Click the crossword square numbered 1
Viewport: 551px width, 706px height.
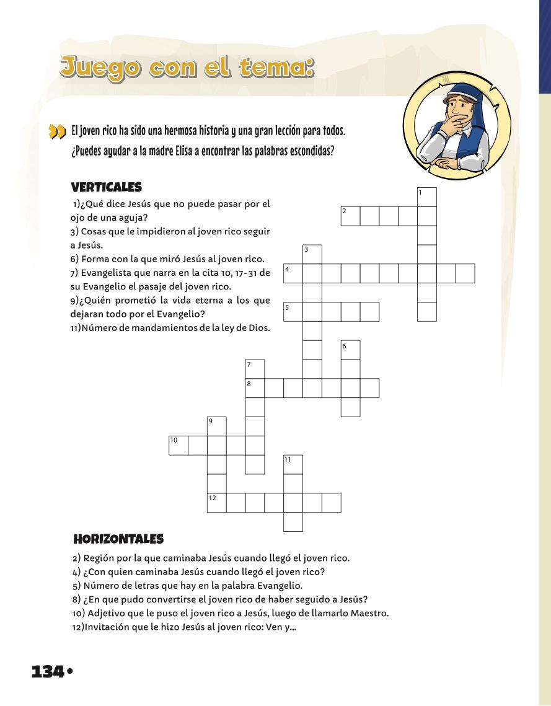coord(427,197)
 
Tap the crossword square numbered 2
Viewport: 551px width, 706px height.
coord(350,216)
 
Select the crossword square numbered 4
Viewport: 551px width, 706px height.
coord(293,273)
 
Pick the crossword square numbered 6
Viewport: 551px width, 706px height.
coord(350,350)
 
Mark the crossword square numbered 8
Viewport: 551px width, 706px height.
coord(255,387)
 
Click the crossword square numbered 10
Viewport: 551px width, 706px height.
coord(179,445)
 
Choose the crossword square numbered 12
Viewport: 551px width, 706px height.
coord(216,502)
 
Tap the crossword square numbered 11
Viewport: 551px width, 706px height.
coord(293,464)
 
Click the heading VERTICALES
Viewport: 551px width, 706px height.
coord(107,187)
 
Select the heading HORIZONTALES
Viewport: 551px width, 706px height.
coord(118,539)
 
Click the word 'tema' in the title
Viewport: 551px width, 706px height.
coord(275,66)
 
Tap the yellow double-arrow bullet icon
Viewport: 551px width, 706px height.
coord(57,132)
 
